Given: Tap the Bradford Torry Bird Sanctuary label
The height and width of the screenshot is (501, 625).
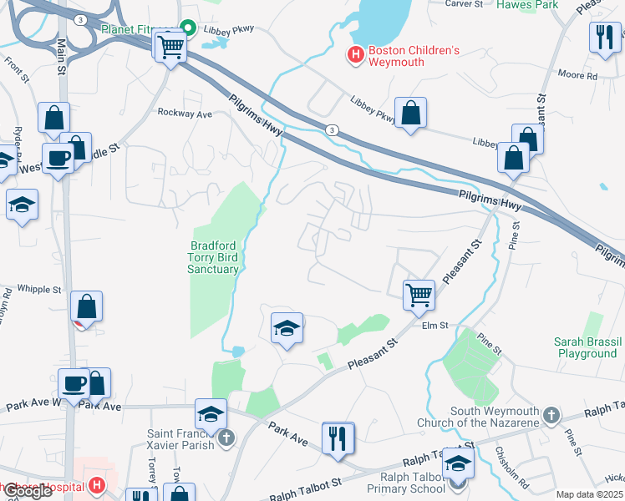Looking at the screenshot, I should [x=214, y=256].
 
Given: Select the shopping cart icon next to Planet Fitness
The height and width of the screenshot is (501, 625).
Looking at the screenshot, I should [x=170, y=48].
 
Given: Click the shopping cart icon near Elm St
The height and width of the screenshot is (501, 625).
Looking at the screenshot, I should [x=419, y=294].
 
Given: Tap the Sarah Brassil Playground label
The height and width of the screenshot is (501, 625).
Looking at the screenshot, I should [x=586, y=347].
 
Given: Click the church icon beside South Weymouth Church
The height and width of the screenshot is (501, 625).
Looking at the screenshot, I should [x=550, y=415].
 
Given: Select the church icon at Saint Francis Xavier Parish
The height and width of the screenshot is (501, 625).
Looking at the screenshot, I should [x=224, y=438].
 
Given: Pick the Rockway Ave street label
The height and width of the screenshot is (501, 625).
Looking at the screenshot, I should [x=185, y=113].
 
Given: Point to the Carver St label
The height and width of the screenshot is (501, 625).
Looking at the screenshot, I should [x=465, y=4].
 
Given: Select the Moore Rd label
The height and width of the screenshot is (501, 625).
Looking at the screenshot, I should [x=580, y=76].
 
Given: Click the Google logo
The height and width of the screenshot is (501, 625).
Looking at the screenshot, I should [x=28, y=492].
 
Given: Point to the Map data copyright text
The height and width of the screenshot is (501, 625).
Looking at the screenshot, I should [x=589, y=494].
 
